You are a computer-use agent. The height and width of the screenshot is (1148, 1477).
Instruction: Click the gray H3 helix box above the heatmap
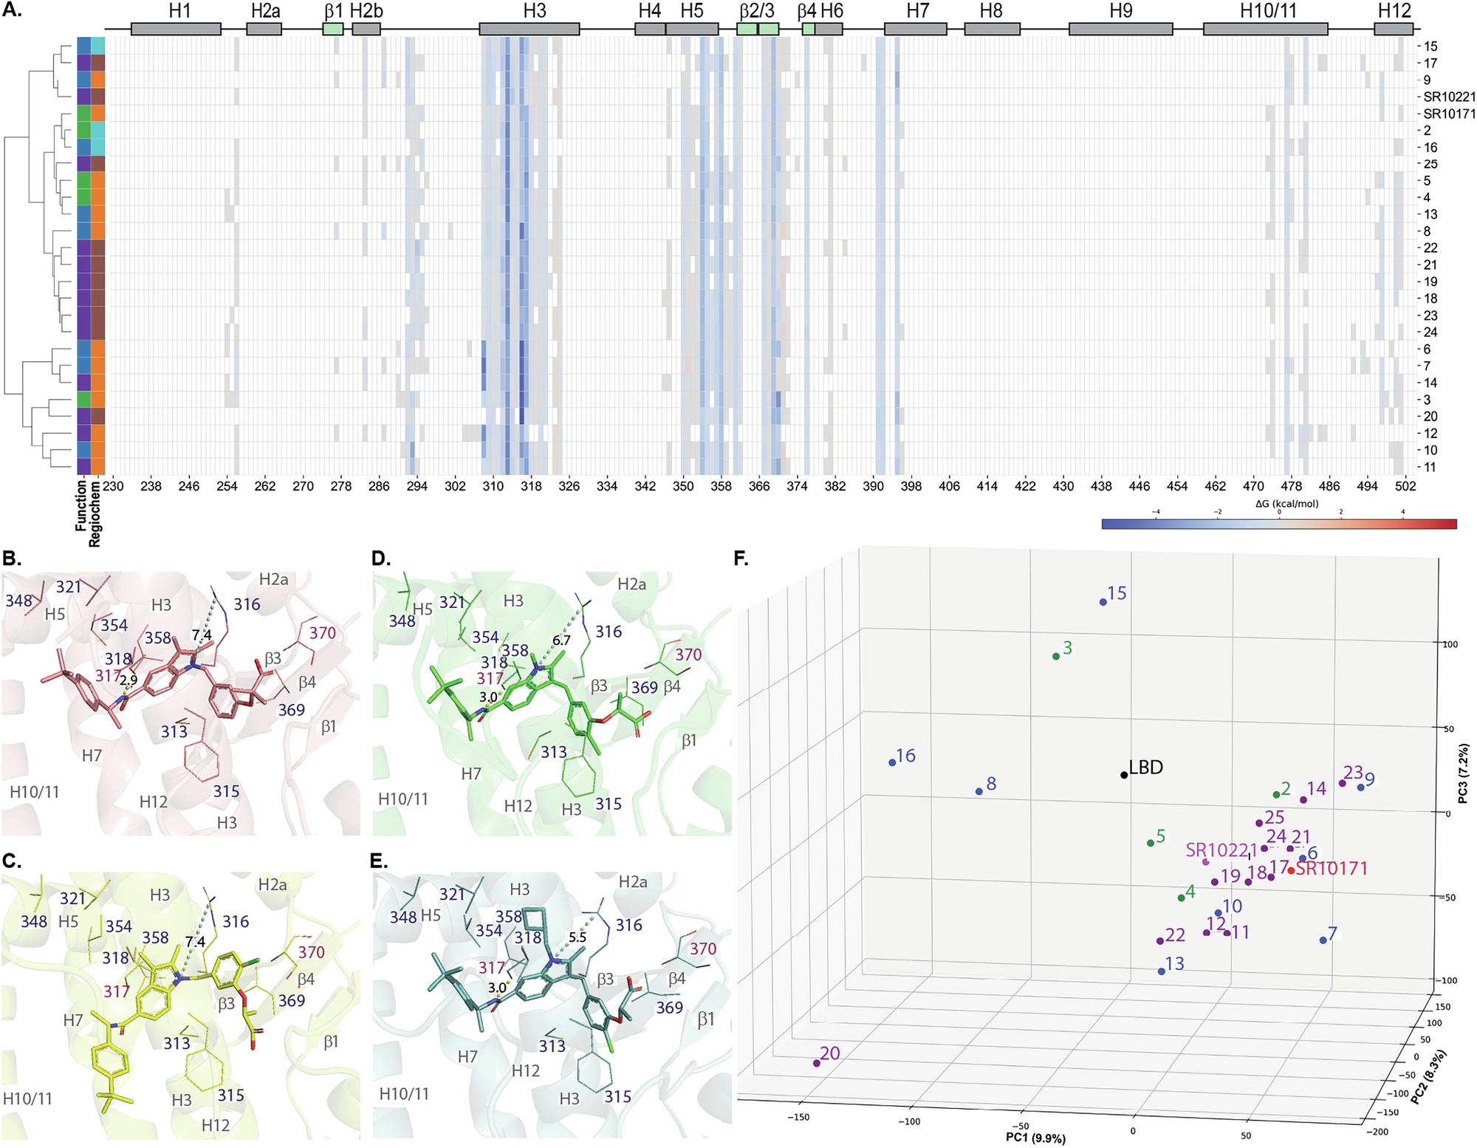click(529, 30)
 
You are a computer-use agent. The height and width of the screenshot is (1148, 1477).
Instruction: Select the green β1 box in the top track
click(333, 30)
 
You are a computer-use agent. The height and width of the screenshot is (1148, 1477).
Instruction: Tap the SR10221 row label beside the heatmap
click(1449, 97)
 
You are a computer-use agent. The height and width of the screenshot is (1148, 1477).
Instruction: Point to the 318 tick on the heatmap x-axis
click(531, 486)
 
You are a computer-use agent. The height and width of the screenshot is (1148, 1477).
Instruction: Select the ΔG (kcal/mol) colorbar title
click(1286, 505)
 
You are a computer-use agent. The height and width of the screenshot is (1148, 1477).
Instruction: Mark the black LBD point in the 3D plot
click(1124, 775)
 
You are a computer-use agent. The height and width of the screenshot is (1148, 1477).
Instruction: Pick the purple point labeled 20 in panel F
click(816, 1063)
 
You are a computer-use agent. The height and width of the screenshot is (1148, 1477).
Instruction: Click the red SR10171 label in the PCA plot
click(1332, 869)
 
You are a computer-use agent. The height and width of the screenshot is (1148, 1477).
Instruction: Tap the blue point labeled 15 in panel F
click(1103, 602)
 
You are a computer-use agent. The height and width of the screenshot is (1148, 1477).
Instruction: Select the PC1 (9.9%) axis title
click(1035, 1138)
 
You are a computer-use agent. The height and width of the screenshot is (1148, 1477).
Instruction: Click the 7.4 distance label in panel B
click(202, 635)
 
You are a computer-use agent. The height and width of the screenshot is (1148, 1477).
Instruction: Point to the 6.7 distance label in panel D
click(561, 640)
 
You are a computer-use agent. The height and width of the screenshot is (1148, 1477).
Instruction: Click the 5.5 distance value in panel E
click(577, 937)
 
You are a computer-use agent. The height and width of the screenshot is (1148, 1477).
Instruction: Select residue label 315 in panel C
click(230, 1095)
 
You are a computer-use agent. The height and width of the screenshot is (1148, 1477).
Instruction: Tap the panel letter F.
click(741, 558)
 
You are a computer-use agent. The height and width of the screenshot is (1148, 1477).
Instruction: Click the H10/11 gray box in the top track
click(1265, 30)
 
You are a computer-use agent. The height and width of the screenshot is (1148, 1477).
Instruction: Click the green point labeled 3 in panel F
click(1056, 656)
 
